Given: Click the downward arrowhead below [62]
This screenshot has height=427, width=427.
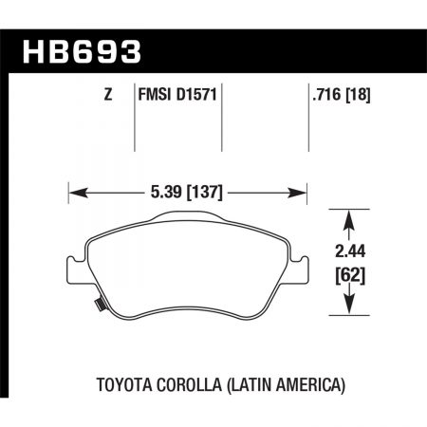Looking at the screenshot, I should [x=348, y=308].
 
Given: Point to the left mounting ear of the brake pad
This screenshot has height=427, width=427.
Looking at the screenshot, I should [x=72, y=266].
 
